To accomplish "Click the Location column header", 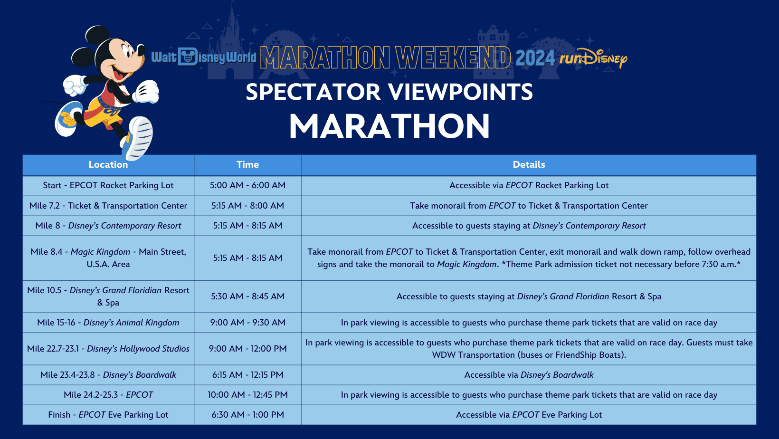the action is coord(108,164).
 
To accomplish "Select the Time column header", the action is coord(247,164).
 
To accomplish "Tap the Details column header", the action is coord(529,164).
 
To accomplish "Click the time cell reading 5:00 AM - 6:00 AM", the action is coord(247,185).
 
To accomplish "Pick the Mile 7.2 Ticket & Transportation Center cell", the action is coord(108,206).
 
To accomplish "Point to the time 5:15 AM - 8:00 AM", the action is coord(247,206).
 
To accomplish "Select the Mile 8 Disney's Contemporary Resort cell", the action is coord(108,226).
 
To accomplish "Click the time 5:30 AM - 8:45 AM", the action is coord(247,296).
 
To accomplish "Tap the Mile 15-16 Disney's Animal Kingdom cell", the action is coord(108,323).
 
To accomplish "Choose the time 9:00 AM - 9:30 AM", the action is coord(247,323).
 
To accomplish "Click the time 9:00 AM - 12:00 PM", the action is coord(247,349).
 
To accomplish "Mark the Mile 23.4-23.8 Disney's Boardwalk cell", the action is coord(108,375).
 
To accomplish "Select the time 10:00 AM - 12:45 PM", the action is coord(247,395).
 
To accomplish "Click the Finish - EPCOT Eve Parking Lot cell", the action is coord(108,415).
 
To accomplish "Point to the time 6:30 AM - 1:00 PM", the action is coord(247,415).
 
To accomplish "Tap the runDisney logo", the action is coord(593,58).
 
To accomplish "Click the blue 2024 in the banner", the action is coord(535,58).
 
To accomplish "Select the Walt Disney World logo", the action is coord(204,57).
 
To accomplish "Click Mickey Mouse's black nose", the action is coord(141,49).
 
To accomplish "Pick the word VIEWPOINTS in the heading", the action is coord(460,92).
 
